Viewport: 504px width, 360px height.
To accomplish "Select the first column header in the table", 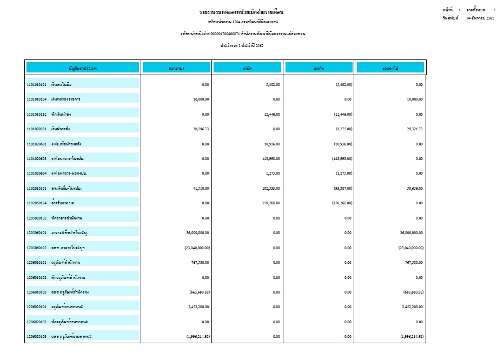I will click(83, 68).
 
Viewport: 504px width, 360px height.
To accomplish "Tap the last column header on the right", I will click(390, 68).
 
